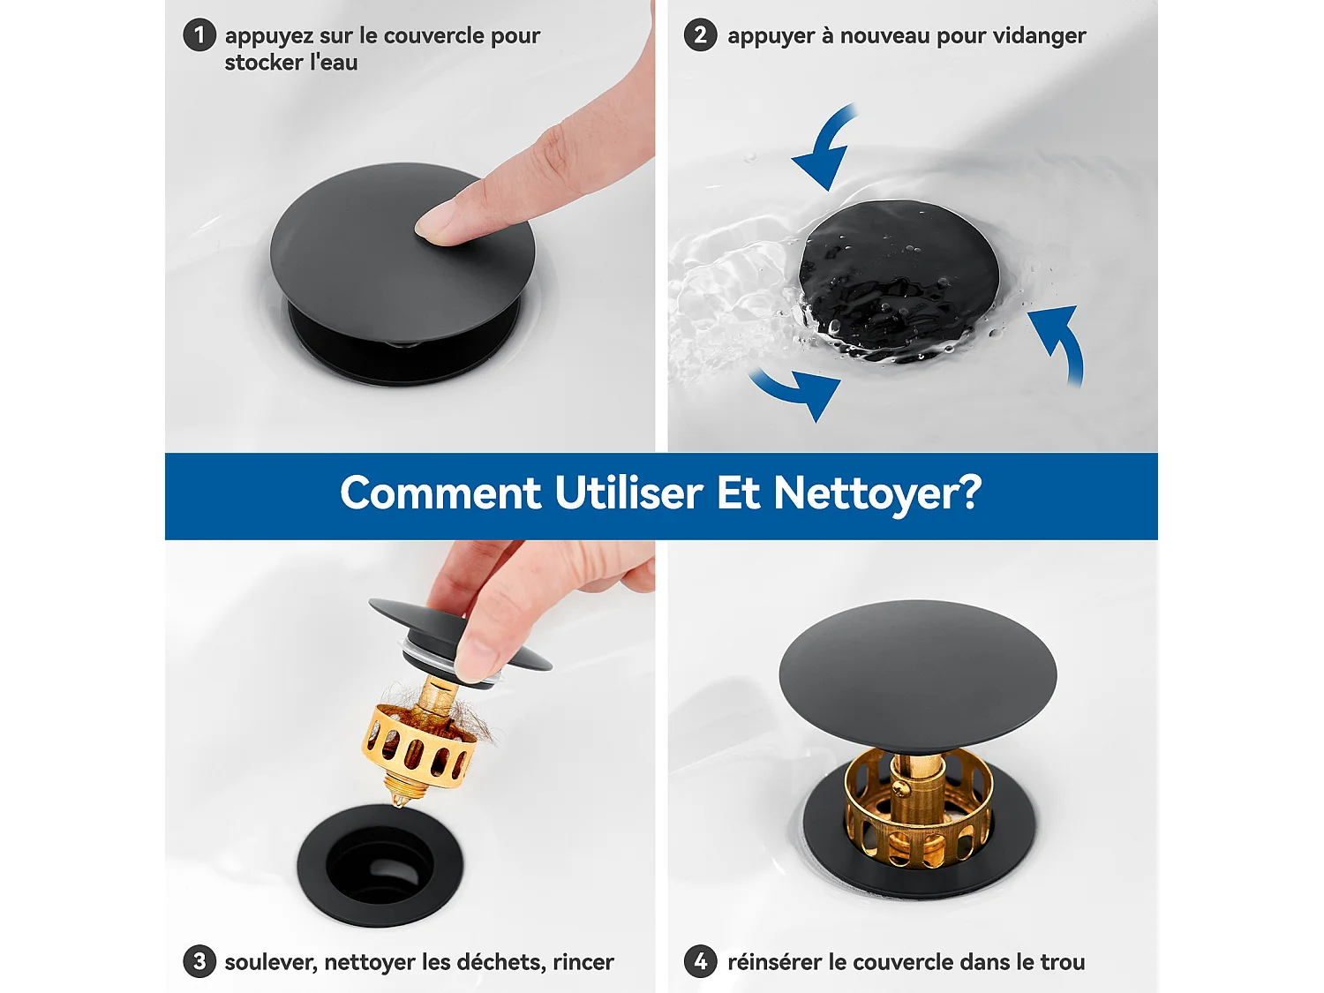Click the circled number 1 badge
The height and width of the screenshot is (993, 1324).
pyautogui.click(x=199, y=35)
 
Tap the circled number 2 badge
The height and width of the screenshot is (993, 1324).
pyautogui.click(x=700, y=35)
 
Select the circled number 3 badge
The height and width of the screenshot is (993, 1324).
pyautogui.click(x=199, y=961)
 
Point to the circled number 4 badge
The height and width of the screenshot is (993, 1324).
pyautogui.click(x=700, y=961)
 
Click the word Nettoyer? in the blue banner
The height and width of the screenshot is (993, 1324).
pyautogui.click(x=877, y=493)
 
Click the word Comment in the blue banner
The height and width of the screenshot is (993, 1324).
pyautogui.click(x=440, y=493)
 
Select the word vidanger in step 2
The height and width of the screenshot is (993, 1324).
pyautogui.click(x=1039, y=36)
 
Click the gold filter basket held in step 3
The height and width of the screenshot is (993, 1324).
pyautogui.click(x=418, y=746)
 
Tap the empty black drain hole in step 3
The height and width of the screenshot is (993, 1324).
pyautogui.click(x=380, y=866)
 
